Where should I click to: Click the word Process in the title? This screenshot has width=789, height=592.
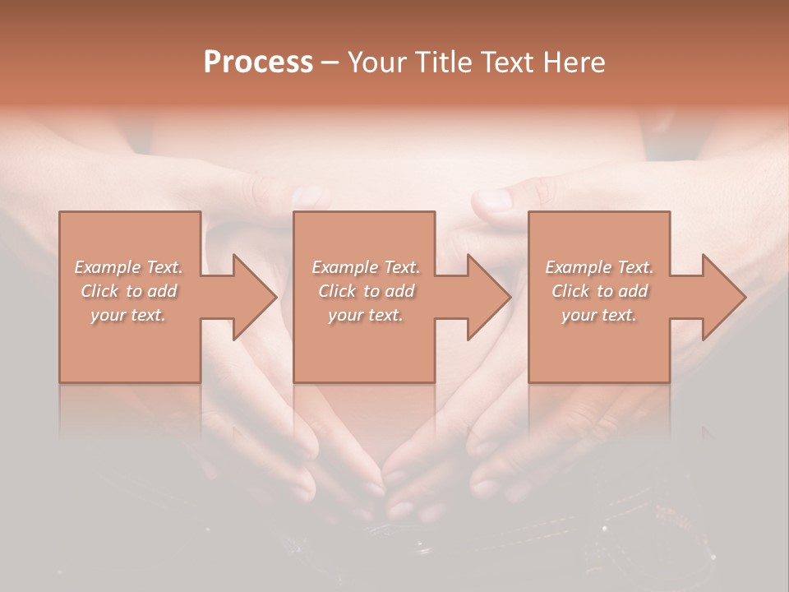(x=258, y=62)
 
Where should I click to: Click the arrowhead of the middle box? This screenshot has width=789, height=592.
(x=484, y=297)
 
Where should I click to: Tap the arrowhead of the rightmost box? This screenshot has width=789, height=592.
(x=719, y=297)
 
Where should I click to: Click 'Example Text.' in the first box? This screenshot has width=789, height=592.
(x=129, y=267)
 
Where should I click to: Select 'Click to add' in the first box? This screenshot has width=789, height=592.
(x=129, y=291)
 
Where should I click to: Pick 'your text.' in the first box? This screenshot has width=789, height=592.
(x=129, y=315)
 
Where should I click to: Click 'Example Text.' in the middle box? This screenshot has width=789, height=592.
(x=365, y=267)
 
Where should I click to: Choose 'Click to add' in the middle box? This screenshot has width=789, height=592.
(x=365, y=291)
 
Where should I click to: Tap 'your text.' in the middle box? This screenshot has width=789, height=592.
(x=365, y=315)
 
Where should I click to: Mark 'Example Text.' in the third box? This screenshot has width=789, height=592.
(x=599, y=267)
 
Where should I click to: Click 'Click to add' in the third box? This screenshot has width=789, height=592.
(x=599, y=291)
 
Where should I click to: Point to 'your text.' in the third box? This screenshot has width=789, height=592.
(x=599, y=315)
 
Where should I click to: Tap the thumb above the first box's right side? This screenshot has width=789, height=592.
(x=306, y=196)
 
